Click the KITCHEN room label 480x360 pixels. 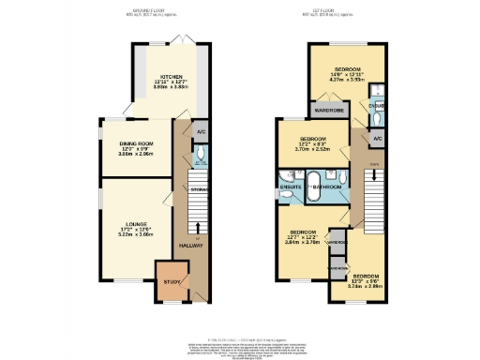(171, 78)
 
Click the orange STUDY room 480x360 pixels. (171, 283)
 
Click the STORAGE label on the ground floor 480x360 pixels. (199, 190)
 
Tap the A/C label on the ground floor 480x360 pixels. (201, 132)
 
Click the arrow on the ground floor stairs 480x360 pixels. (199, 226)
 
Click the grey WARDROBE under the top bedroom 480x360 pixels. (330, 111)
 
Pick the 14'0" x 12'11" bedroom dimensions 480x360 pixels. (348, 79)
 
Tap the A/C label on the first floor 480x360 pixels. (377, 139)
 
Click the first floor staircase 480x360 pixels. (374, 198)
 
